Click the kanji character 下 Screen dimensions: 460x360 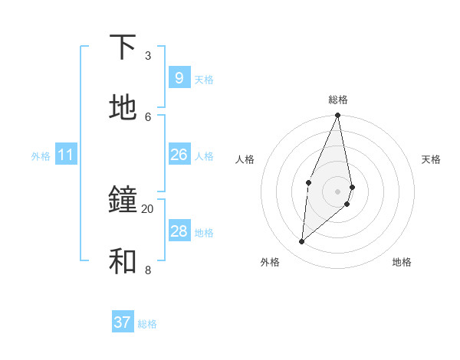point(123,47)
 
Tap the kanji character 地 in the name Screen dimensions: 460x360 point(123,108)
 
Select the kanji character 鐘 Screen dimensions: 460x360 point(123,201)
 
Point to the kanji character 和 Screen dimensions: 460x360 point(123,261)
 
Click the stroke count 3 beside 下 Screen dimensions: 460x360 point(147,56)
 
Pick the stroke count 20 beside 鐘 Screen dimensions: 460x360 point(147,208)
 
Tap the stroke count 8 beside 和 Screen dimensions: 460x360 point(147,270)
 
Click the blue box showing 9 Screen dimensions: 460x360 point(179,78)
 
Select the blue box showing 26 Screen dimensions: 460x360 point(179,155)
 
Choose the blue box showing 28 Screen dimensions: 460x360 point(179,231)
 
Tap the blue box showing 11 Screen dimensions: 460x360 point(66,155)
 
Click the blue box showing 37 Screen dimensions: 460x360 point(122,322)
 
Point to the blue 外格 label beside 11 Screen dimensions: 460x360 point(41,156)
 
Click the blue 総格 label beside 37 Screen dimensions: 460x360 point(147,324)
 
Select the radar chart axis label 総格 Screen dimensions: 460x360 point(338,100)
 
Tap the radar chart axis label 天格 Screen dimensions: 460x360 point(431,159)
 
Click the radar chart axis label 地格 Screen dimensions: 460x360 point(402,262)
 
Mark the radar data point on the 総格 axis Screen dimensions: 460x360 point(337,116)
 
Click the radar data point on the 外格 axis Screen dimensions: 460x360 point(302,242)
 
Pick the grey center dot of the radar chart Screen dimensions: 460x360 point(337,191)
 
